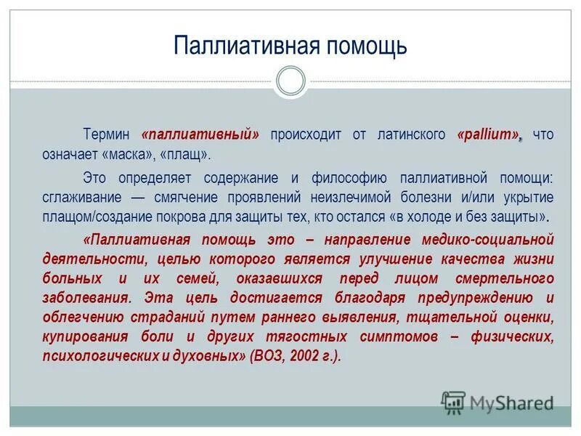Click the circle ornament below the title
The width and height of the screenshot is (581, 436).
click(290, 81)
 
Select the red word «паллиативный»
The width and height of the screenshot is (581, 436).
click(202, 134)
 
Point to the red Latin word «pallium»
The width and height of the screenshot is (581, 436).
click(488, 134)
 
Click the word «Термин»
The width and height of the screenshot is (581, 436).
click(105, 134)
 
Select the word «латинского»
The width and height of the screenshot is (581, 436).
click(412, 134)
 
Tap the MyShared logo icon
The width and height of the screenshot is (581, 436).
click(453, 402)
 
